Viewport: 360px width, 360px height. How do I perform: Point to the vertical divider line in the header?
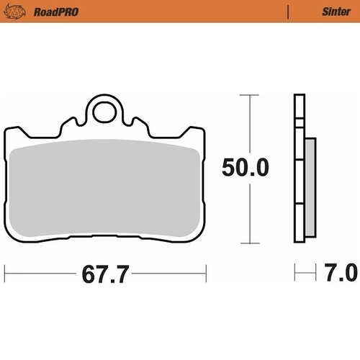[288, 12]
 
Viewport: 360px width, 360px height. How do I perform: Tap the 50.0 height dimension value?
[246, 168]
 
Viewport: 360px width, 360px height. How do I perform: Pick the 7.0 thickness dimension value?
[341, 274]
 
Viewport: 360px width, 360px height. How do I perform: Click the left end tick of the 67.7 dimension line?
[5, 274]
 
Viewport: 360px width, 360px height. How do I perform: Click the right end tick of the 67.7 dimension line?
[207, 274]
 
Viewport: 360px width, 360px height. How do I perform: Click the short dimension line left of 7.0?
[306, 274]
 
